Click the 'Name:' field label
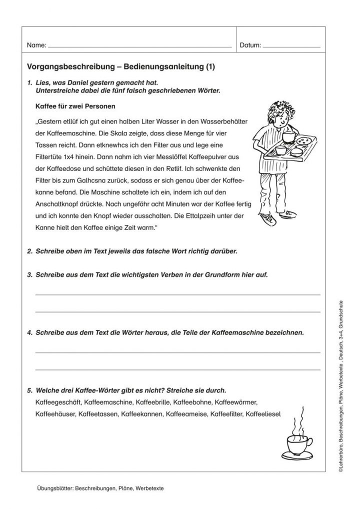(x=36, y=45)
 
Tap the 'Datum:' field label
(x=250, y=45)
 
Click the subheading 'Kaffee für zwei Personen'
(x=75, y=106)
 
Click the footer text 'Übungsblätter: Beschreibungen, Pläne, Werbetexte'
(x=100, y=488)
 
